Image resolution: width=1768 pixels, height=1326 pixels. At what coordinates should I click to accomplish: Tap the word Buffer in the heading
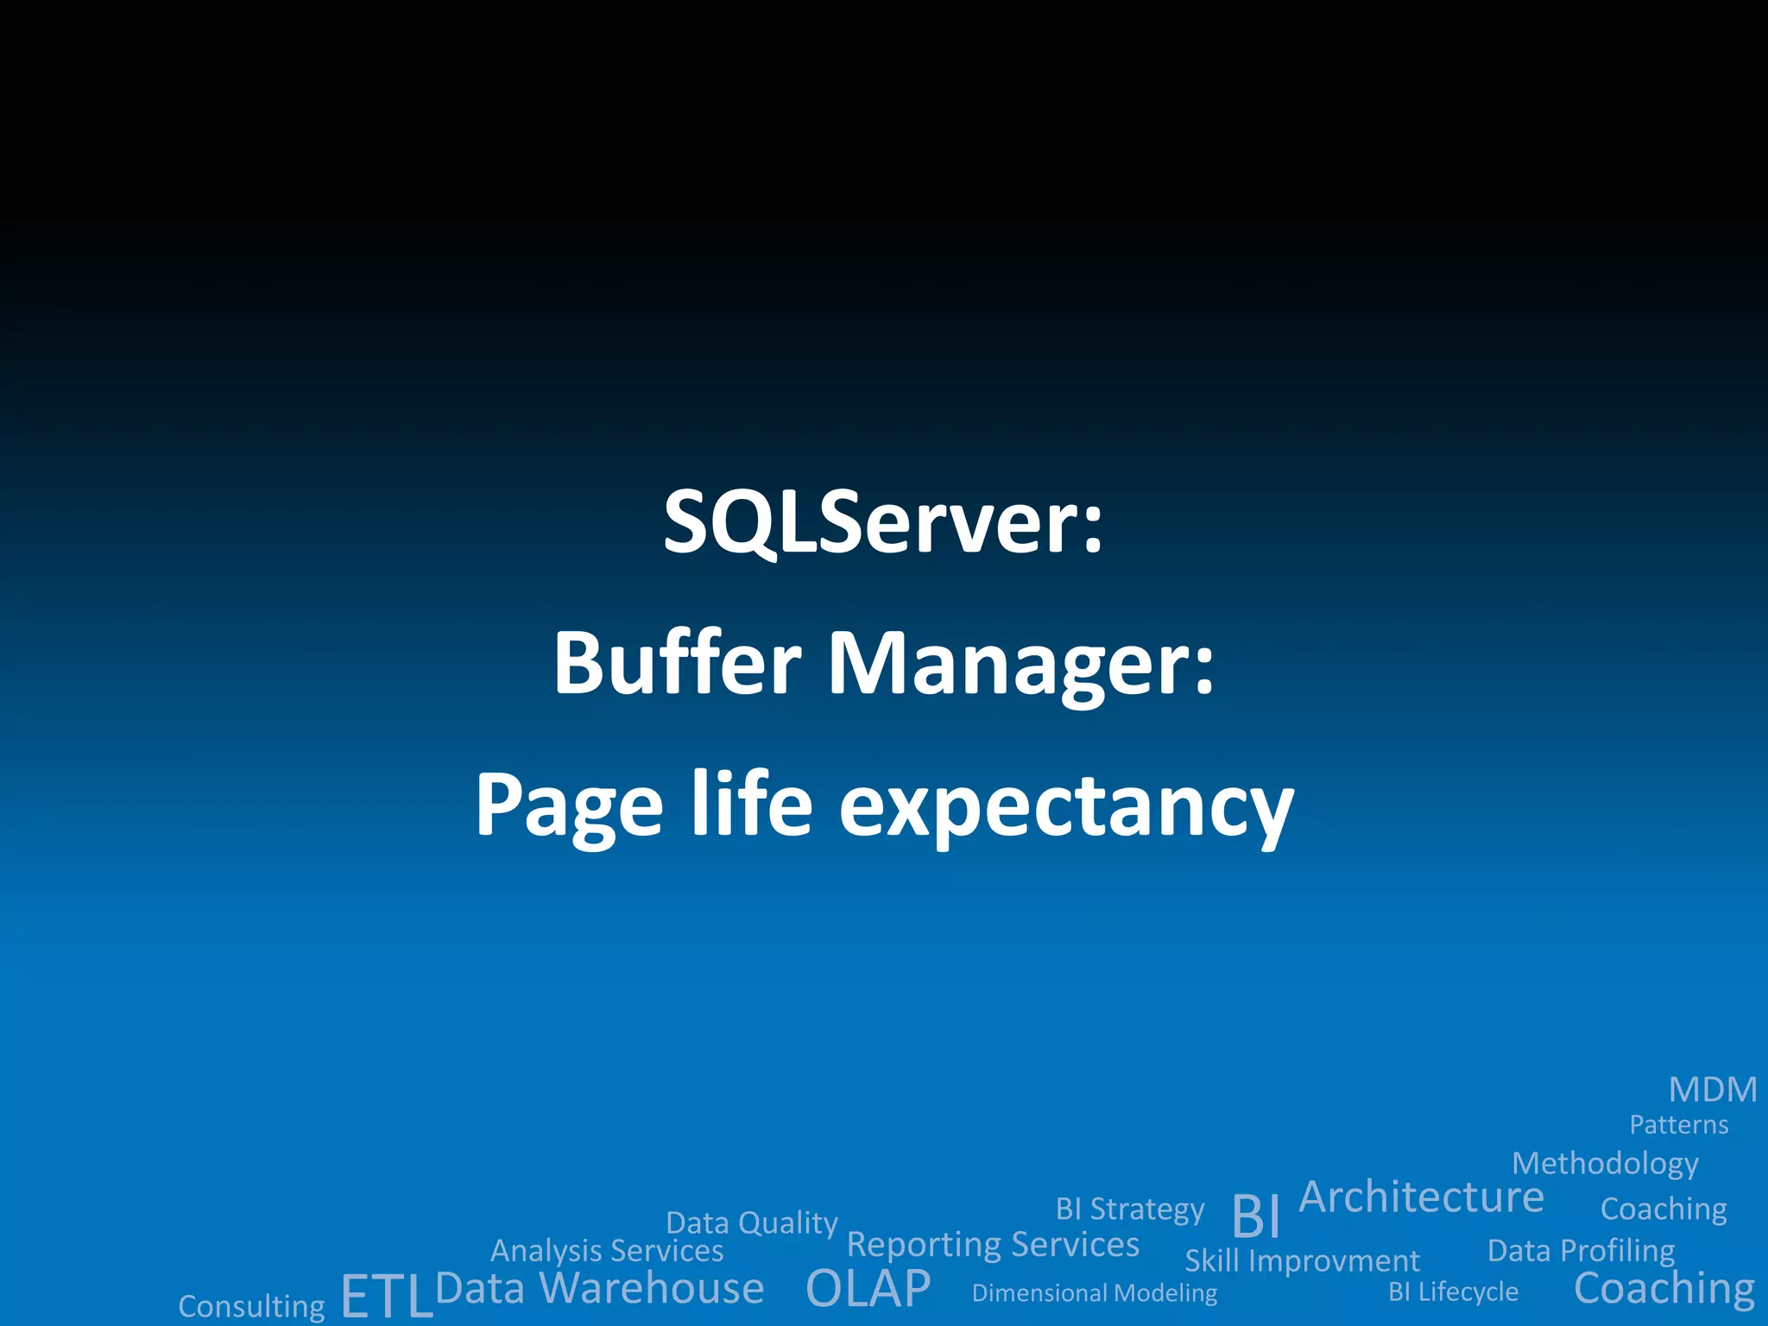[x=678, y=663]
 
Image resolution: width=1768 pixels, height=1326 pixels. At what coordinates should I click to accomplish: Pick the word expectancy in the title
[x=1066, y=808]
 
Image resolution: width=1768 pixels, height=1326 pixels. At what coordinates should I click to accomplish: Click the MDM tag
[x=1713, y=1089]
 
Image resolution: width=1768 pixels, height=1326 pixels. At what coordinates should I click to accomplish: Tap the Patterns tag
[x=1678, y=1125]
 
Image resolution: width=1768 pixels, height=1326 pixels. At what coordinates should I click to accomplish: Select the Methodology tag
[x=1605, y=1164]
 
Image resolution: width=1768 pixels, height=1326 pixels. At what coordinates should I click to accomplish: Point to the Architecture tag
[x=1421, y=1197]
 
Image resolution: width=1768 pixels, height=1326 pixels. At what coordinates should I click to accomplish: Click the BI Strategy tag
[x=1129, y=1209]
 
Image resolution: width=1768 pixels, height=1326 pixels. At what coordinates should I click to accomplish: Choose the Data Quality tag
[x=751, y=1223]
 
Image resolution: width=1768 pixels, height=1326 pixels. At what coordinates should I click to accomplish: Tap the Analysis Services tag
[x=607, y=1251]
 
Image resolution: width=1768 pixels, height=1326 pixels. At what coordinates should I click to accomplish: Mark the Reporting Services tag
[x=993, y=1245]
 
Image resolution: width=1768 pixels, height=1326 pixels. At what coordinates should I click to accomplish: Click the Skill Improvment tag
[x=1302, y=1261]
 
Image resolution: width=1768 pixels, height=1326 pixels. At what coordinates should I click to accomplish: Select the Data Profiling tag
[x=1581, y=1251]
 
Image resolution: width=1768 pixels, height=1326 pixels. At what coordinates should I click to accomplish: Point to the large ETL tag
[x=386, y=1296]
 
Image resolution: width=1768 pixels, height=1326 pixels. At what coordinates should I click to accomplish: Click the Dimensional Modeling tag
[x=1094, y=1293]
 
